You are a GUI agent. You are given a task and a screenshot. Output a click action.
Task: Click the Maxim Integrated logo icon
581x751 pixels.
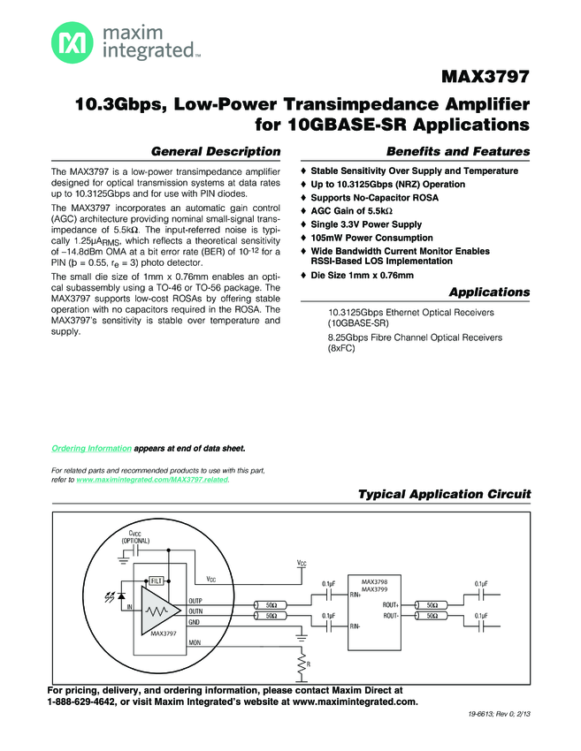coord(69,42)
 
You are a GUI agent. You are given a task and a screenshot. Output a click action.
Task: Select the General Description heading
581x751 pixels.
coord(217,151)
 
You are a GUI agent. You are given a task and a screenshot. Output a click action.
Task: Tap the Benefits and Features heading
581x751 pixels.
coord(458,151)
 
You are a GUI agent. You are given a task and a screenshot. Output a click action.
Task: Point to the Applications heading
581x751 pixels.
coord(489,292)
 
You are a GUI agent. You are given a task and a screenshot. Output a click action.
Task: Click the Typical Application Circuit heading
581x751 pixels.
coord(444,494)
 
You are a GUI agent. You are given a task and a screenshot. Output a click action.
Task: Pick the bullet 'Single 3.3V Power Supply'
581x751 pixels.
coord(366,224)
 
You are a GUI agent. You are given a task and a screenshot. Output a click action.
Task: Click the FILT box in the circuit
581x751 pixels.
coord(157,580)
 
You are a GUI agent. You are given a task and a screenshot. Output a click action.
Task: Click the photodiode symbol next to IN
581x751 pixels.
coord(120,593)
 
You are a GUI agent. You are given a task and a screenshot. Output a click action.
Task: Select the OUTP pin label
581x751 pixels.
coord(196,600)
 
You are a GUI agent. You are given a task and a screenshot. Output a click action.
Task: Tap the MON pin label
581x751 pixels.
coord(195,643)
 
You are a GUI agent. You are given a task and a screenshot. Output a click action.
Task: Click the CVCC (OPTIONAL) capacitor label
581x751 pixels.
coord(135,536)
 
